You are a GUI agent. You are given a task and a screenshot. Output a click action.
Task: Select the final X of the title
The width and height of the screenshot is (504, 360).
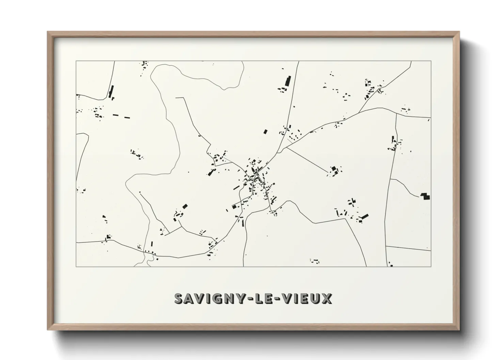(326, 299)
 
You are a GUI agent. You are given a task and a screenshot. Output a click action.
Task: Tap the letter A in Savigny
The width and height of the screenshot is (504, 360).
(191, 299)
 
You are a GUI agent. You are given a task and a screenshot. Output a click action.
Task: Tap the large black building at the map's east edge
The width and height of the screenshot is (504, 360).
(425, 196)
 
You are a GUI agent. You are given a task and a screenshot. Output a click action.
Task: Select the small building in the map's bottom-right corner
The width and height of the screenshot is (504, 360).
(391, 265)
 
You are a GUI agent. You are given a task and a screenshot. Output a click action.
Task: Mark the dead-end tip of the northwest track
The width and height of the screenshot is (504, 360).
(176, 98)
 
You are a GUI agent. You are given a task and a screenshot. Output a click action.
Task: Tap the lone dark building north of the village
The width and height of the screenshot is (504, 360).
(265, 131)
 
